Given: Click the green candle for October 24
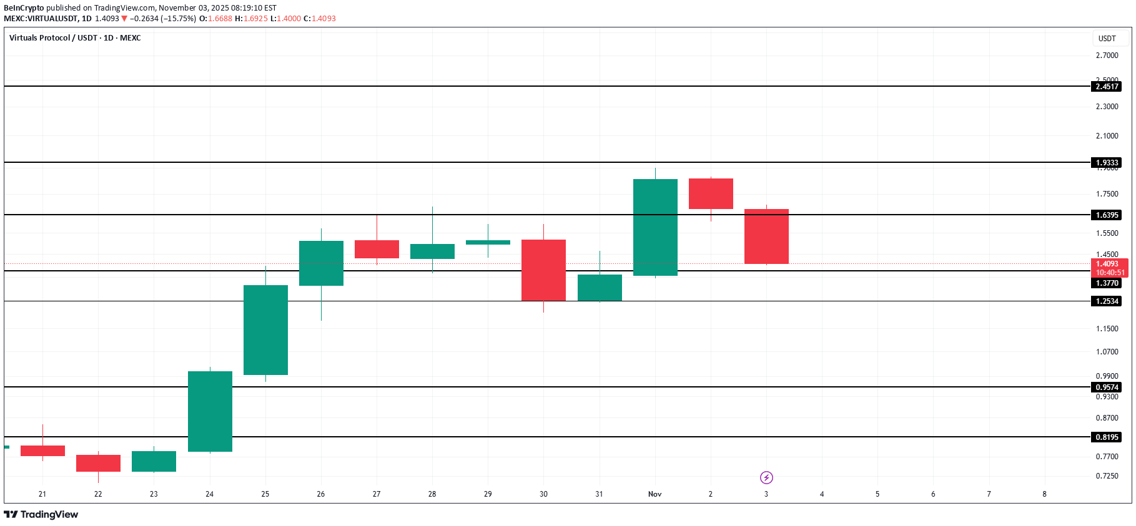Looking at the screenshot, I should (x=210, y=411).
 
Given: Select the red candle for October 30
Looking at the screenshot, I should (x=543, y=270).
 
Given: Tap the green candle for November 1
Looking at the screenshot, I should (x=655, y=227).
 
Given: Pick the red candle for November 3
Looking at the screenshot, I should (x=766, y=236).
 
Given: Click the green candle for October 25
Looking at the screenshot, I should (x=265, y=329).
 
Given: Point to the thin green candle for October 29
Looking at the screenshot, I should (x=488, y=242).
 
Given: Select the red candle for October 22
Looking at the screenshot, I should (x=98, y=463).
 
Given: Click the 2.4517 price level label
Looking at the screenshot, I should (x=1107, y=87).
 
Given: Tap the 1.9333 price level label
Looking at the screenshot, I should (x=1107, y=163).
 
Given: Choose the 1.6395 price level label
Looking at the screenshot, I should (x=1107, y=215).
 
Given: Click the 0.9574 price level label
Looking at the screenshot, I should (x=1107, y=387).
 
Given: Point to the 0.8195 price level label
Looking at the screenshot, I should (x=1107, y=437).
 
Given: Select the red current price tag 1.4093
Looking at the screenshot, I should (x=1109, y=268).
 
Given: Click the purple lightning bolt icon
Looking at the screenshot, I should (x=766, y=478).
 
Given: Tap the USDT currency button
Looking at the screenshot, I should (x=1107, y=39).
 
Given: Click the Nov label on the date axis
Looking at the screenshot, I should (x=654, y=494).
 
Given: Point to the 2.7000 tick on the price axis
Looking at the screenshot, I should (x=1107, y=56).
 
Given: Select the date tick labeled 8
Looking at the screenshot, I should (x=1044, y=494).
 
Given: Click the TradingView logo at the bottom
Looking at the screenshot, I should (x=41, y=515).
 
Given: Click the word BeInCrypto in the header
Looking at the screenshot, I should (x=24, y=8).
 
